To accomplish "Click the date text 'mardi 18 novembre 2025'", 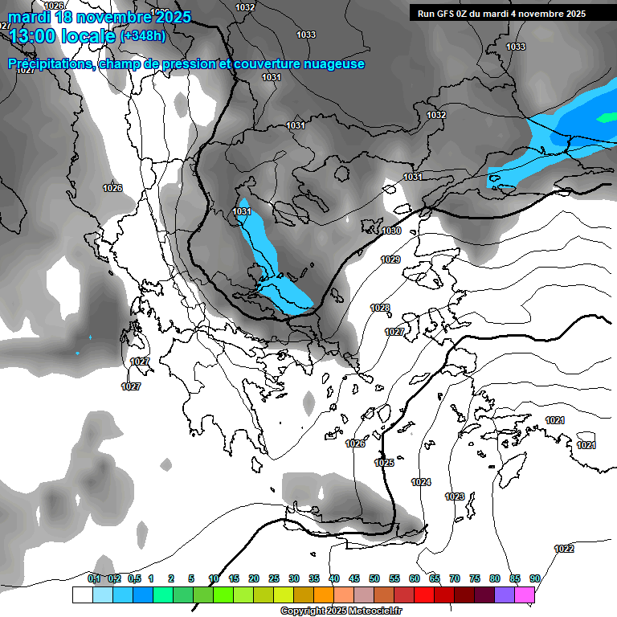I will click(x=100, y=17).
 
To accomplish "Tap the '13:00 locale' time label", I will click(x=62, y=35).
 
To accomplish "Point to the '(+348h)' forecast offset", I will click(x=143, y=36).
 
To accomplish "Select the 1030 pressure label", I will click(x=391, y=231).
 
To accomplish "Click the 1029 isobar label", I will click(x=390, y=260).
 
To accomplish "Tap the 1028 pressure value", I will click(x=380, y=308).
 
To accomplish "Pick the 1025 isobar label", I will click(x=384, y=464).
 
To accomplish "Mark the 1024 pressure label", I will click(x=421, y=482).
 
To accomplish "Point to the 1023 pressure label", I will click(x=455, y=497).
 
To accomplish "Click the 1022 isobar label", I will click(x=564, y=550).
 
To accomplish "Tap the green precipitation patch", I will click(x=605, y=117).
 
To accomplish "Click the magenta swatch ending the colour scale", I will click(x=525, y=595).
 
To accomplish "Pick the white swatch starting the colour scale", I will click(x=82, y=595).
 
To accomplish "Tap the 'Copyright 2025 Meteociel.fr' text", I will click(x=341, y=611).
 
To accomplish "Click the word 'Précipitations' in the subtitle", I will click(x=51, y=64).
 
